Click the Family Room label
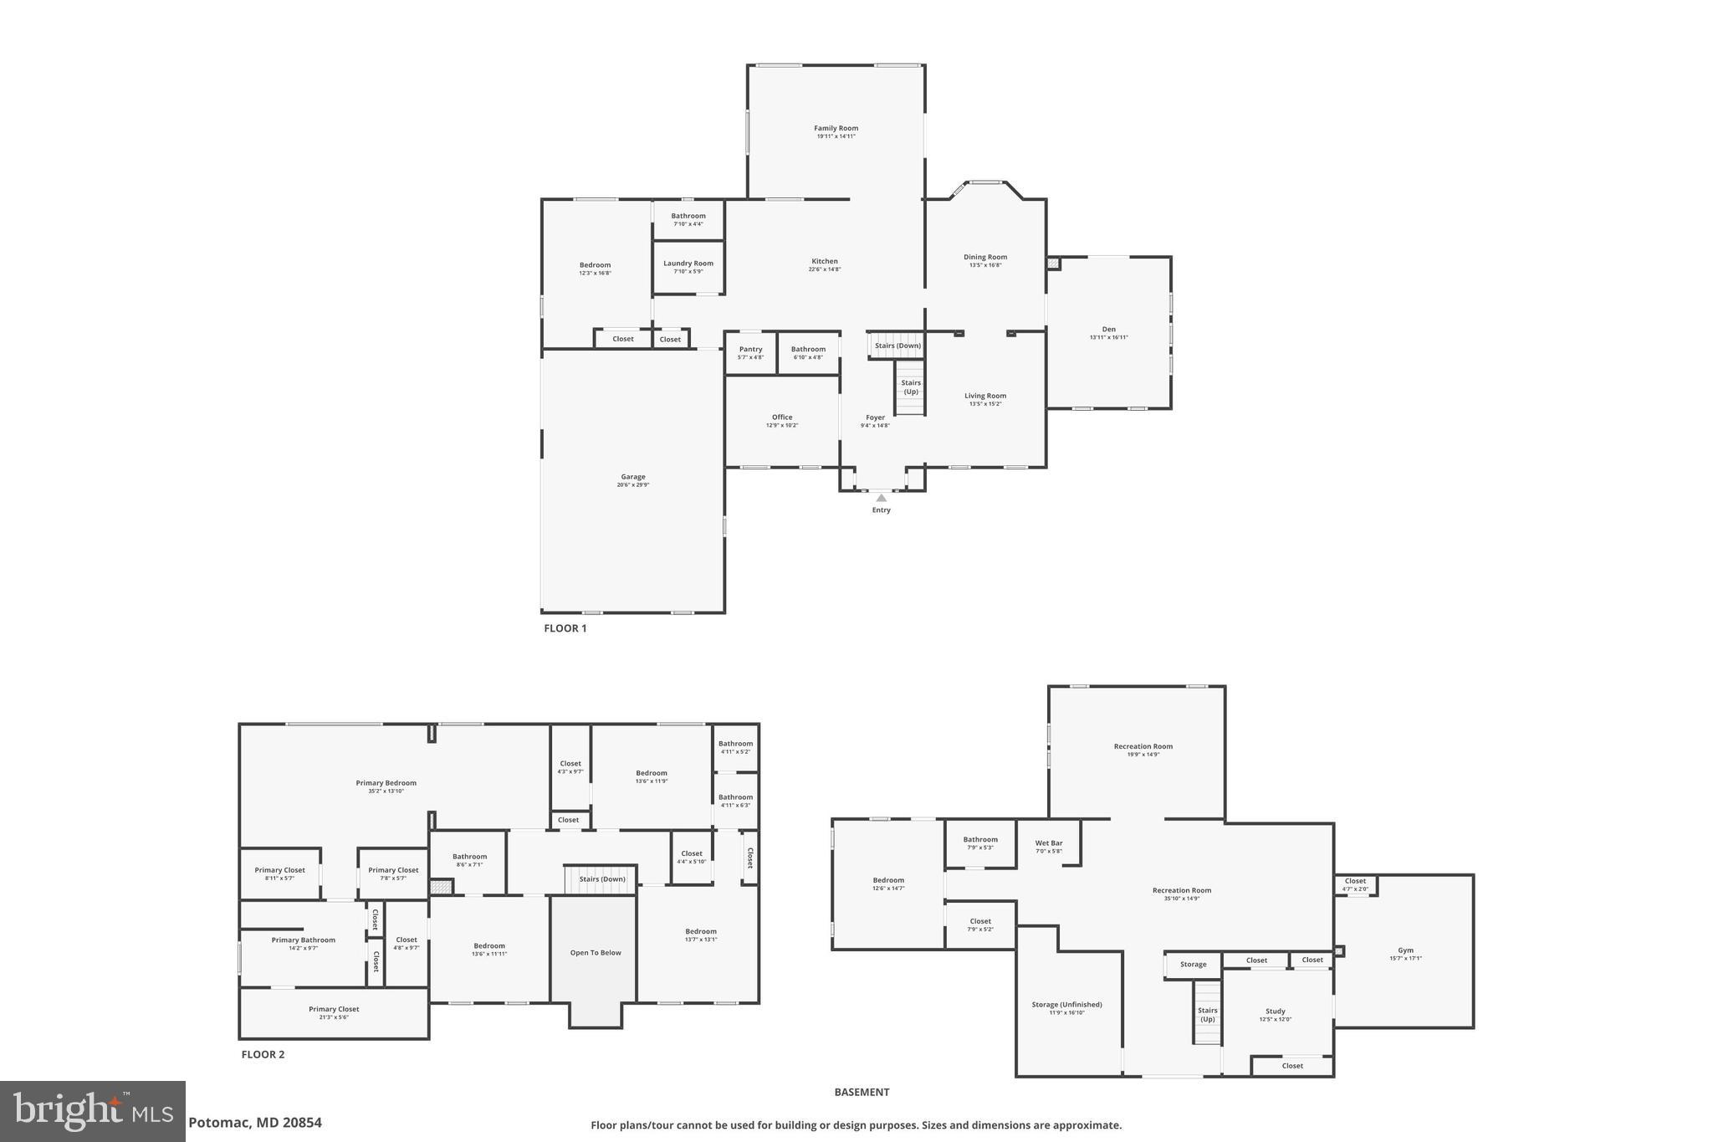click(836, 129)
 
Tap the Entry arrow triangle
click(881, 498)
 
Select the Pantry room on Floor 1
click(750, 353)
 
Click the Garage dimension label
click(632, 485)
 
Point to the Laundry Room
click(688, 267)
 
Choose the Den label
click(1108, 330)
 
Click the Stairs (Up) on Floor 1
click(910, 387)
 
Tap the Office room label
click(782, 417)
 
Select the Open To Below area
click(596, 953)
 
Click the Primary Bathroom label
click(303, 940)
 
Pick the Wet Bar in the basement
click(1049, 843)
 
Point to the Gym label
click(1405, 950)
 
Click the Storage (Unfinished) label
click(1066, 1005)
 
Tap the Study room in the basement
click(1275, 1011)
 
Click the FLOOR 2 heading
click(263, 1054)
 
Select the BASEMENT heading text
click(862, 1092)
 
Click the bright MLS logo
click(93, 1112)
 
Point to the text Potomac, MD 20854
click(255, 1123)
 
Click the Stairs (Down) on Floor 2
click(601, 879)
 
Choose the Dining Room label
click(985, 258)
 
